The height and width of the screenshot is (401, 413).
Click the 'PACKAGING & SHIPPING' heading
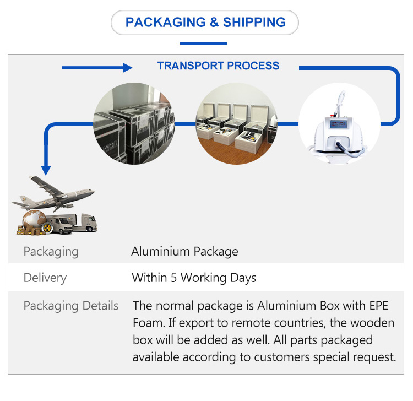coord(205,23)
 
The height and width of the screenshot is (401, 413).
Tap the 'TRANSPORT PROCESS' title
coord(218,66)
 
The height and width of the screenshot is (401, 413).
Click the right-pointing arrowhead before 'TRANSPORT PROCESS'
coord(127,68)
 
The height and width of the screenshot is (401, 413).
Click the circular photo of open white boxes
coord(236,123)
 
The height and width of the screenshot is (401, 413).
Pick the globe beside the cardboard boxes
coord(34,220)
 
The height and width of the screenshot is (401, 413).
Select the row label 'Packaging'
coord(51,252)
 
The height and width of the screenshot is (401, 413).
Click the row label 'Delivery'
coord(45,278)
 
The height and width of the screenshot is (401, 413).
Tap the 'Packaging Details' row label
coord(71,306)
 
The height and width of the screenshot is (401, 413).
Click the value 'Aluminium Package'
coord(184,252)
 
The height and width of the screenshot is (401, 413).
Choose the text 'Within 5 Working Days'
coord(194,278)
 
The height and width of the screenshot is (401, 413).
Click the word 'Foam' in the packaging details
coord(148,323)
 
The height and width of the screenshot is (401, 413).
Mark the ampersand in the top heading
coord(214,23)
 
